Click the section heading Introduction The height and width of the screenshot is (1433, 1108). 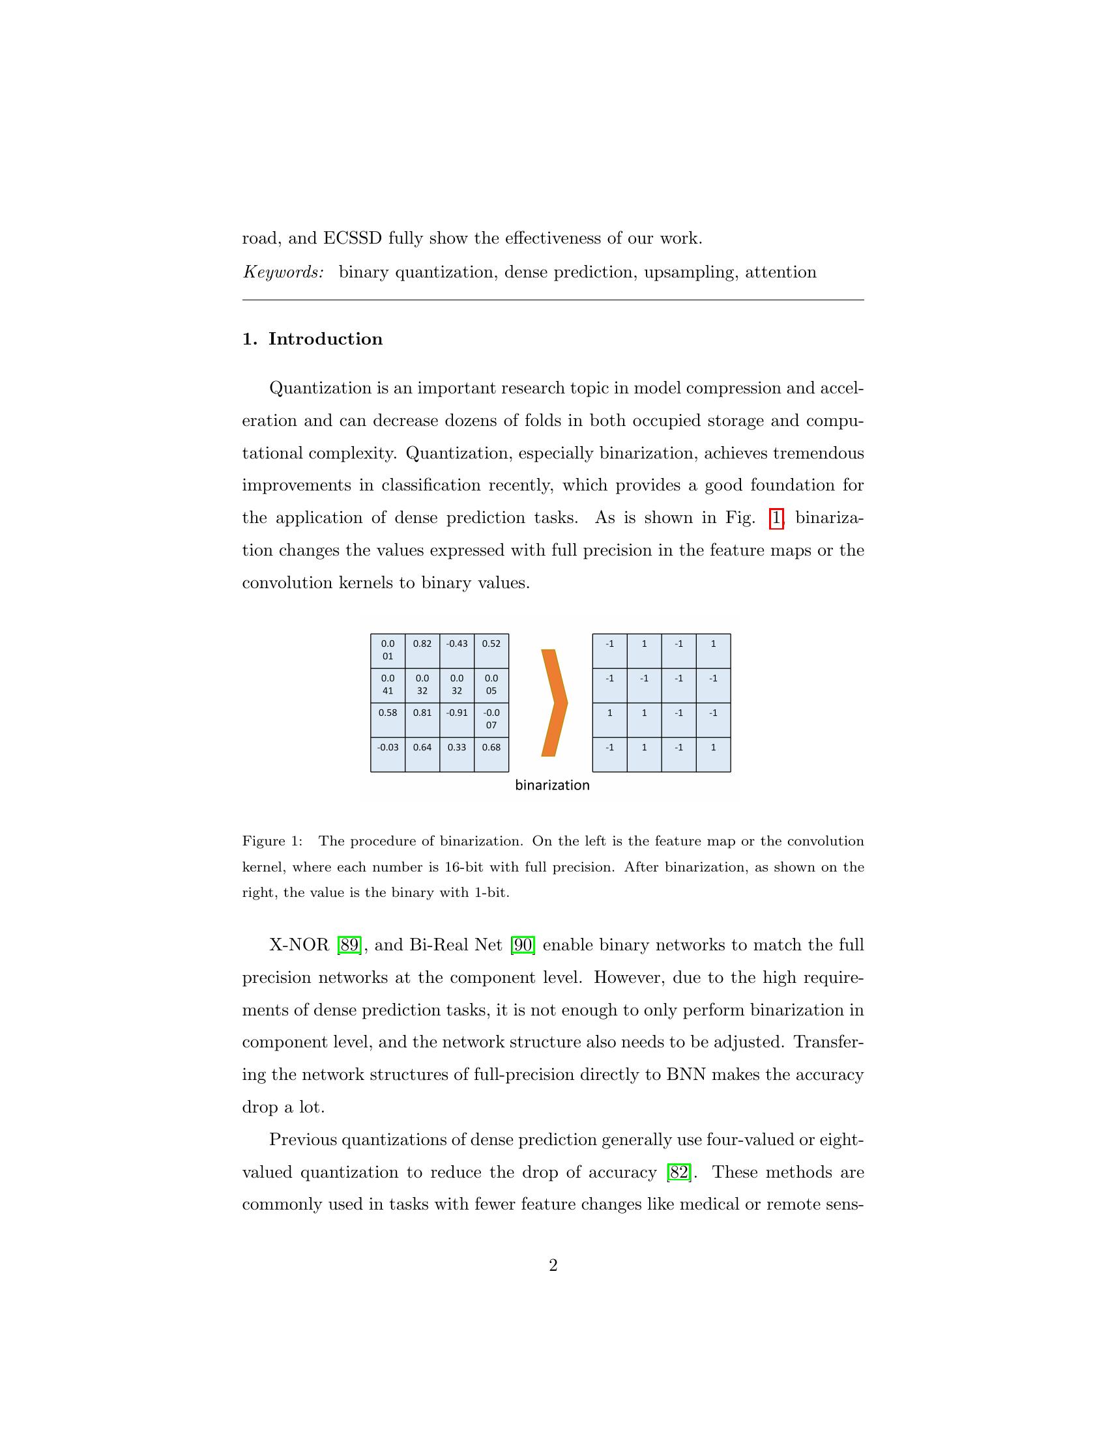325,339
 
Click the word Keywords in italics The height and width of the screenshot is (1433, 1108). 284,272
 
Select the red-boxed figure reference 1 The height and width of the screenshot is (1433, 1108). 776,518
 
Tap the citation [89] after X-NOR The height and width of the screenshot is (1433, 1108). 349,946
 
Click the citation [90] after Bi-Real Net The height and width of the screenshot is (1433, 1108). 523,946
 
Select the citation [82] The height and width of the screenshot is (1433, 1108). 678,1172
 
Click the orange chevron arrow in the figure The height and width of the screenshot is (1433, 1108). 553,703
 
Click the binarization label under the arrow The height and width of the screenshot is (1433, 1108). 552,786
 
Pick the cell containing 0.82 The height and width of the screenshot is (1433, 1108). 422,650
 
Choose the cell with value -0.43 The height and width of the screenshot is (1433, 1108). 456,650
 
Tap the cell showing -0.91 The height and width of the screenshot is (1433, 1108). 456,720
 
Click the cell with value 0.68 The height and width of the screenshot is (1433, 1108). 491,754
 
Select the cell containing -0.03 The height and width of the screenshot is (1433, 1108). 388,754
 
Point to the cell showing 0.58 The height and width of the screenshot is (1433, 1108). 388,720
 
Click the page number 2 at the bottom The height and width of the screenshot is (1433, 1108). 553,1266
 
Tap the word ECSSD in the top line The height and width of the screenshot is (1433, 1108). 352,238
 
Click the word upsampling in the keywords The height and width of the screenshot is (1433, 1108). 688,272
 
